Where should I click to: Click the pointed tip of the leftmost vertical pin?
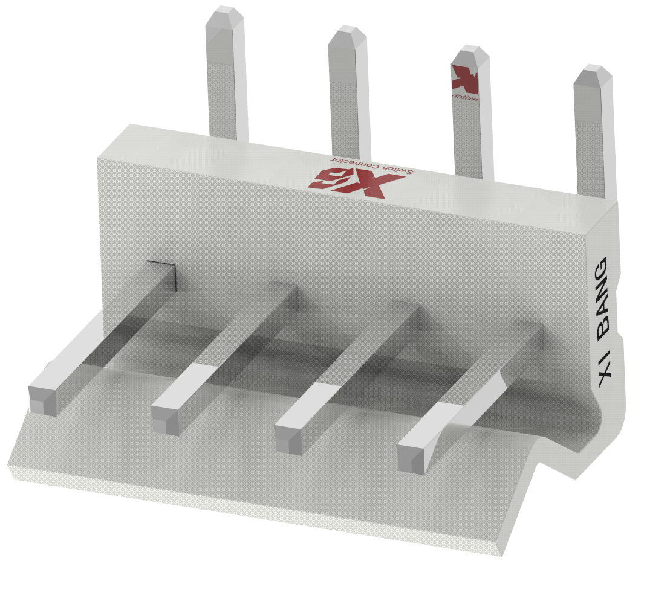coord(224,14)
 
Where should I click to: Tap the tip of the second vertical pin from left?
coord(347,33)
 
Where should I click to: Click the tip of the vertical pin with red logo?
coord(470,52)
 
